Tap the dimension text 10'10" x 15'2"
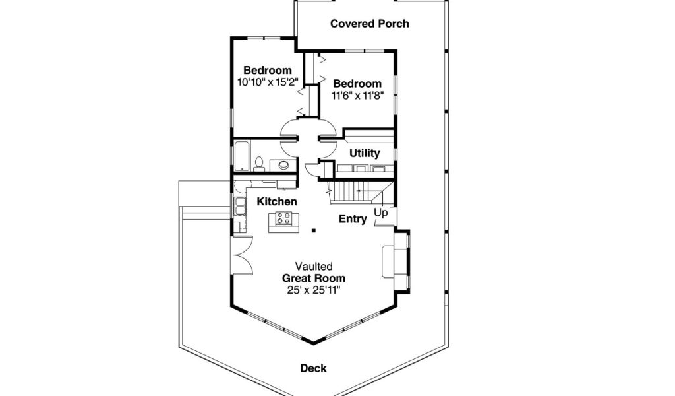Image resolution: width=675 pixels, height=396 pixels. pyautogui.click(x=268, y=82)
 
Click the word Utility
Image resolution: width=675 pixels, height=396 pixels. pyautogui.click(x=365, y=153)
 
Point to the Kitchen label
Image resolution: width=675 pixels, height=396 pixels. pyautogui.click(x=277, y=201)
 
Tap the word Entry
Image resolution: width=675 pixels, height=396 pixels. pyautogui.click(x=353, y=219)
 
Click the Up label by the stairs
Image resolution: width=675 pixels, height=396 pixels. pyautogui.click(x=381, y=213)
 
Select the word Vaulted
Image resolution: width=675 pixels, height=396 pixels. pyautogui.click(x=314, y=267)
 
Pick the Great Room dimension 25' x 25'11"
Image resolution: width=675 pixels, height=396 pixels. pyautogui.click(x=314, y=290)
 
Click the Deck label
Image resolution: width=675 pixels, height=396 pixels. pyautogui.click(x=314, y=368)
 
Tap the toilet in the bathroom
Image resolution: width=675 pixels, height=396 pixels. pyautogui.click(x=259, y=163)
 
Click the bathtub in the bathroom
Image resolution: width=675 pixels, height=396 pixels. pyautogui.click(x=241, y=156)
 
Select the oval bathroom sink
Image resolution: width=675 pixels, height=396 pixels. pyautogui.click(x=284, y=164)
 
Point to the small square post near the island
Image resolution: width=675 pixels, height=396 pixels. pyautogui.click(x=314, y=230)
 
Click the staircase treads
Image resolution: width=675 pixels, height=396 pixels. pyautogui.click(x=353, y=193)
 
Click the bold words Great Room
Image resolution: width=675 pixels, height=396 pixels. pyautogui.click(x=314, y=278)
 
